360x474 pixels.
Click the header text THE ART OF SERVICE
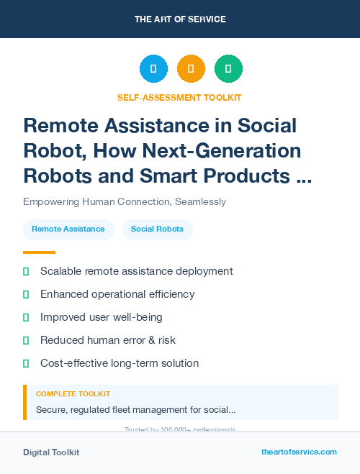click(x=180, y=19)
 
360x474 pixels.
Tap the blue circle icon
click(x=153, y=69)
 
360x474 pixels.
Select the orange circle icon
click(x=191, y=69)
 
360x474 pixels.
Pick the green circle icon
click(x=228, y=69)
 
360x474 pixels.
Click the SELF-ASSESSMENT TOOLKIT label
click(x=179, y=97)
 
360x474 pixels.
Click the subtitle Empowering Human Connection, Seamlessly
click(x=125, y=201)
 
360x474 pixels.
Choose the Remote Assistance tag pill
click(x=68, y=229)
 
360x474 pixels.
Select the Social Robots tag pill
click(x=157, y=229)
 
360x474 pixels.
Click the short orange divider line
click(x=39, y=252)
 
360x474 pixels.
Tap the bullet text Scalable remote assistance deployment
click(x=136, y=271)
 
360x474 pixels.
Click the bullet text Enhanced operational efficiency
click(x=117, y=294)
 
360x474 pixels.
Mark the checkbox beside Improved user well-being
click(x=26, y=317)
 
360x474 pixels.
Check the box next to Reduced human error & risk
click(x=26, y=340)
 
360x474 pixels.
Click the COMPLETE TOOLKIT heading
click(x=73, y=394)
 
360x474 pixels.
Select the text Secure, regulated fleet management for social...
click(x=135, y=410)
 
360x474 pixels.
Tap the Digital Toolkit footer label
click(x=51, y=452)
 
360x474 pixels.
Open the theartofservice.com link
click(x=299, y=452)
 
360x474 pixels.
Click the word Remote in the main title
click(x=62, y=126)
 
